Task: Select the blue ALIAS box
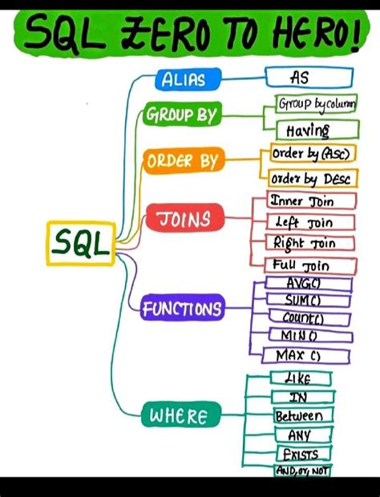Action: (x=183, y=79)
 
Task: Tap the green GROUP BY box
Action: (x=181, y=115)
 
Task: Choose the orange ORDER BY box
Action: (x=182, y=161)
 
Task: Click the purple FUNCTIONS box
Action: (x=182, y=308)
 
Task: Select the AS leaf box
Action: (x=309, y=78)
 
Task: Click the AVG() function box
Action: (x=303, y=283)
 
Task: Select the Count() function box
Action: (x=303, y=317)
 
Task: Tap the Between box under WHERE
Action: (x=299, y=416)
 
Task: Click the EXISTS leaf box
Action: (x=299, y=455)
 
